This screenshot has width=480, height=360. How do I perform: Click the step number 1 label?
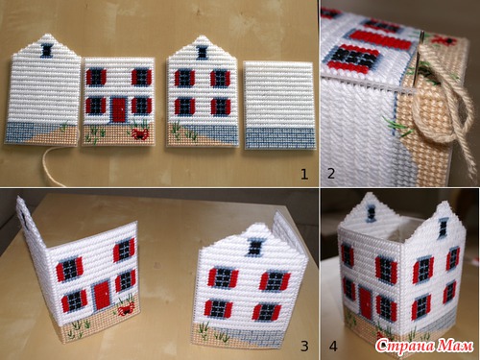[304, 174]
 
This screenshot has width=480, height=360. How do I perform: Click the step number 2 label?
[331, 174]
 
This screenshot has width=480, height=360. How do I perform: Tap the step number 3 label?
[304, 346]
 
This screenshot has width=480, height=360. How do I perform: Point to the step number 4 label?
[333, 347]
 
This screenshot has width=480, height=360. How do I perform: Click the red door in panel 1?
[119, 110]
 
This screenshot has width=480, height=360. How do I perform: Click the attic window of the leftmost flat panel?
[47, 51]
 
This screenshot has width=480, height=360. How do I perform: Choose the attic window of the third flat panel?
[202, 53]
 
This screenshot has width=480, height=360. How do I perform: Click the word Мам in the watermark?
[455, 346]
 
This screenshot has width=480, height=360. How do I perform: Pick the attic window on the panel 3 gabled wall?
[254, 248]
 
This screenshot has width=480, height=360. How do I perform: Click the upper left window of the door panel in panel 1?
[96, 78]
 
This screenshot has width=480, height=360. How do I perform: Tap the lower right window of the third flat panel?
[221, 107]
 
